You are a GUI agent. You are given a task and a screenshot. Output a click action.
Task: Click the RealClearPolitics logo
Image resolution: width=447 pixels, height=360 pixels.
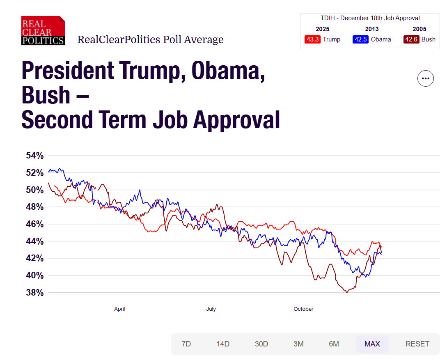(43, 31)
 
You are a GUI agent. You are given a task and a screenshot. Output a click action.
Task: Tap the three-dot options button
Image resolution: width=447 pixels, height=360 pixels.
(425, 78)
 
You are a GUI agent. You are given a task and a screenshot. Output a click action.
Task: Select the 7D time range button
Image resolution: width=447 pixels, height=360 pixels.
(186, 344)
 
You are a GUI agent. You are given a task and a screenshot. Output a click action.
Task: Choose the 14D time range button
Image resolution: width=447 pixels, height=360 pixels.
(223, 344)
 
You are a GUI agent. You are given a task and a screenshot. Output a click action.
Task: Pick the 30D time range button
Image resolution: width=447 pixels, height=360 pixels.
(261, 344)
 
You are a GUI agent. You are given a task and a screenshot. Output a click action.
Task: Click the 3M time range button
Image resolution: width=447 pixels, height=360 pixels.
(298, 344)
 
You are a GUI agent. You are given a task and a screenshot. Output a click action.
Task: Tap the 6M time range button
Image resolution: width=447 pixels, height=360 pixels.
(334, 344)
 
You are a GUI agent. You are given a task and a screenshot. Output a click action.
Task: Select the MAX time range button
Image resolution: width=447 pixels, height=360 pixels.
(372, 344)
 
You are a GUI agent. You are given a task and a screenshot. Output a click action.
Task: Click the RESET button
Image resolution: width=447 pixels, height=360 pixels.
(417, 344)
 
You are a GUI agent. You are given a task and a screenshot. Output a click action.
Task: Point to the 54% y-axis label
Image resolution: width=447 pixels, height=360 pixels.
(34, 156)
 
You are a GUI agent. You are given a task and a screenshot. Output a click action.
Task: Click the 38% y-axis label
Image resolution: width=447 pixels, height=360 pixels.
(34, 293)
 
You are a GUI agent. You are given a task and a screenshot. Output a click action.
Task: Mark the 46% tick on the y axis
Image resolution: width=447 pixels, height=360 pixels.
(34, 224)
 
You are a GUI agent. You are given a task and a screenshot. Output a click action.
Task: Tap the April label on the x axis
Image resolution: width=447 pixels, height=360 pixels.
(119, 309)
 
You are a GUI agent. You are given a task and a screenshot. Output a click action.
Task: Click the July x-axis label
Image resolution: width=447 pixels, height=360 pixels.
(211, 309)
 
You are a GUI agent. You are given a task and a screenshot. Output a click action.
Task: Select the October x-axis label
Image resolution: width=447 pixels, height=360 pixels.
(303, 309)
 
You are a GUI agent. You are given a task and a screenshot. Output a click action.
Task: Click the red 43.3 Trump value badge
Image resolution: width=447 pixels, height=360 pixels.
(312, 39)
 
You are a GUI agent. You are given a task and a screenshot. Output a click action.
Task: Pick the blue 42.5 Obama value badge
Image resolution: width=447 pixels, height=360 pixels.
(360, 39)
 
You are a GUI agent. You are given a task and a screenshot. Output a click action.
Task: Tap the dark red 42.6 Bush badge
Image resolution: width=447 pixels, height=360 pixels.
(411, 39)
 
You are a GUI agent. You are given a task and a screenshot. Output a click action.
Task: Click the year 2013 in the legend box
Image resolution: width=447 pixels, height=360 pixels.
(372, 29)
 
